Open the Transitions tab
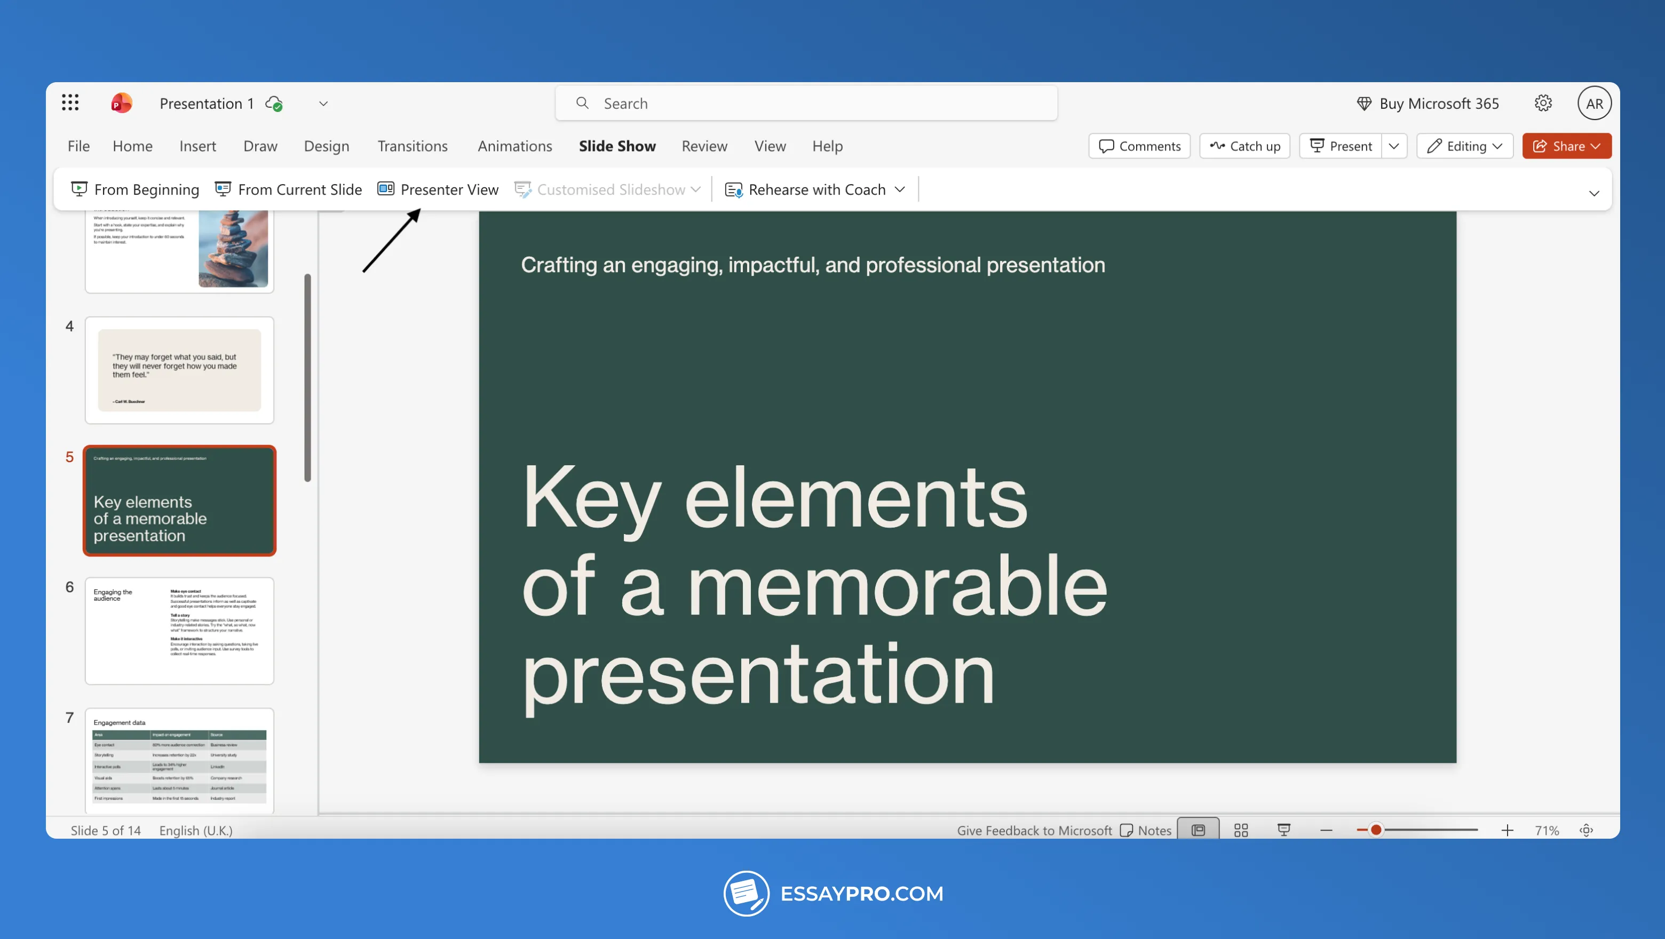[x=413, y=146]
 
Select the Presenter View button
[x=438, y=189]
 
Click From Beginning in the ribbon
[x=135, y=189]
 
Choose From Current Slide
[x=288, y=189]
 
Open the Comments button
[x=1139, y=146]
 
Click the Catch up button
[x=1244, y=146]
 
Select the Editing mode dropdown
[x=1465, y=146]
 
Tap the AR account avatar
[x=1593, y=104]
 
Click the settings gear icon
[x=1543, y=104]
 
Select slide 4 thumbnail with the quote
[x=179, y=370]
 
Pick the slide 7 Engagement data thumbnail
[x=179, y=761]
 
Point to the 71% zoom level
[x=1546, y=831]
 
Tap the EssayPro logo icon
[x=746, y=893]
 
